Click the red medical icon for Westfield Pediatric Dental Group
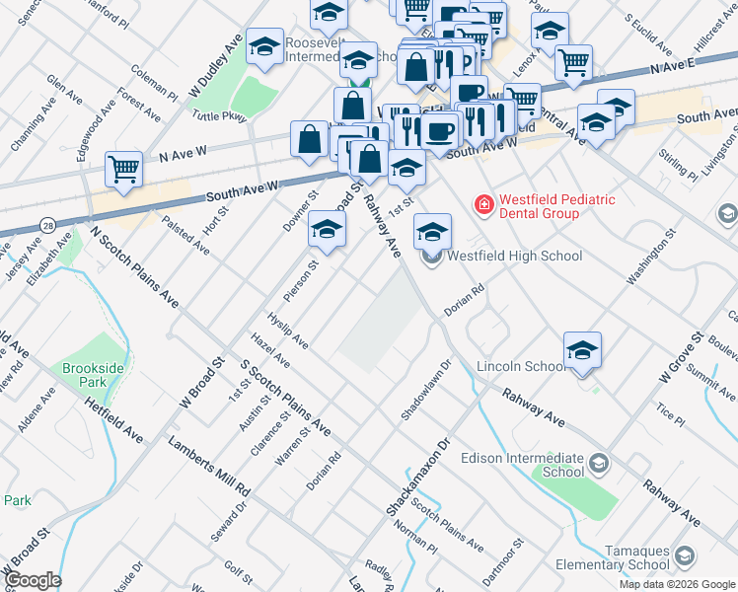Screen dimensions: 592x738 click(x=484, y=205)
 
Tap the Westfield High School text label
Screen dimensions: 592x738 click(x=514, y=256)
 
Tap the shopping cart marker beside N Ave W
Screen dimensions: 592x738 click(x=123, y=169)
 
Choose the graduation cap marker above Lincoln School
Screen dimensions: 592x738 click(x=582, y=350)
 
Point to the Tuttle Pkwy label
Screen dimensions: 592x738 click(x=219, y=116)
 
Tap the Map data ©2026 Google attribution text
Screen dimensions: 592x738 click(x=677, y=584)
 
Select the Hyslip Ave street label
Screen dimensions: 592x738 click(x=287, y=331)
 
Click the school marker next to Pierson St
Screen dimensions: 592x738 click(x=327, y=230)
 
